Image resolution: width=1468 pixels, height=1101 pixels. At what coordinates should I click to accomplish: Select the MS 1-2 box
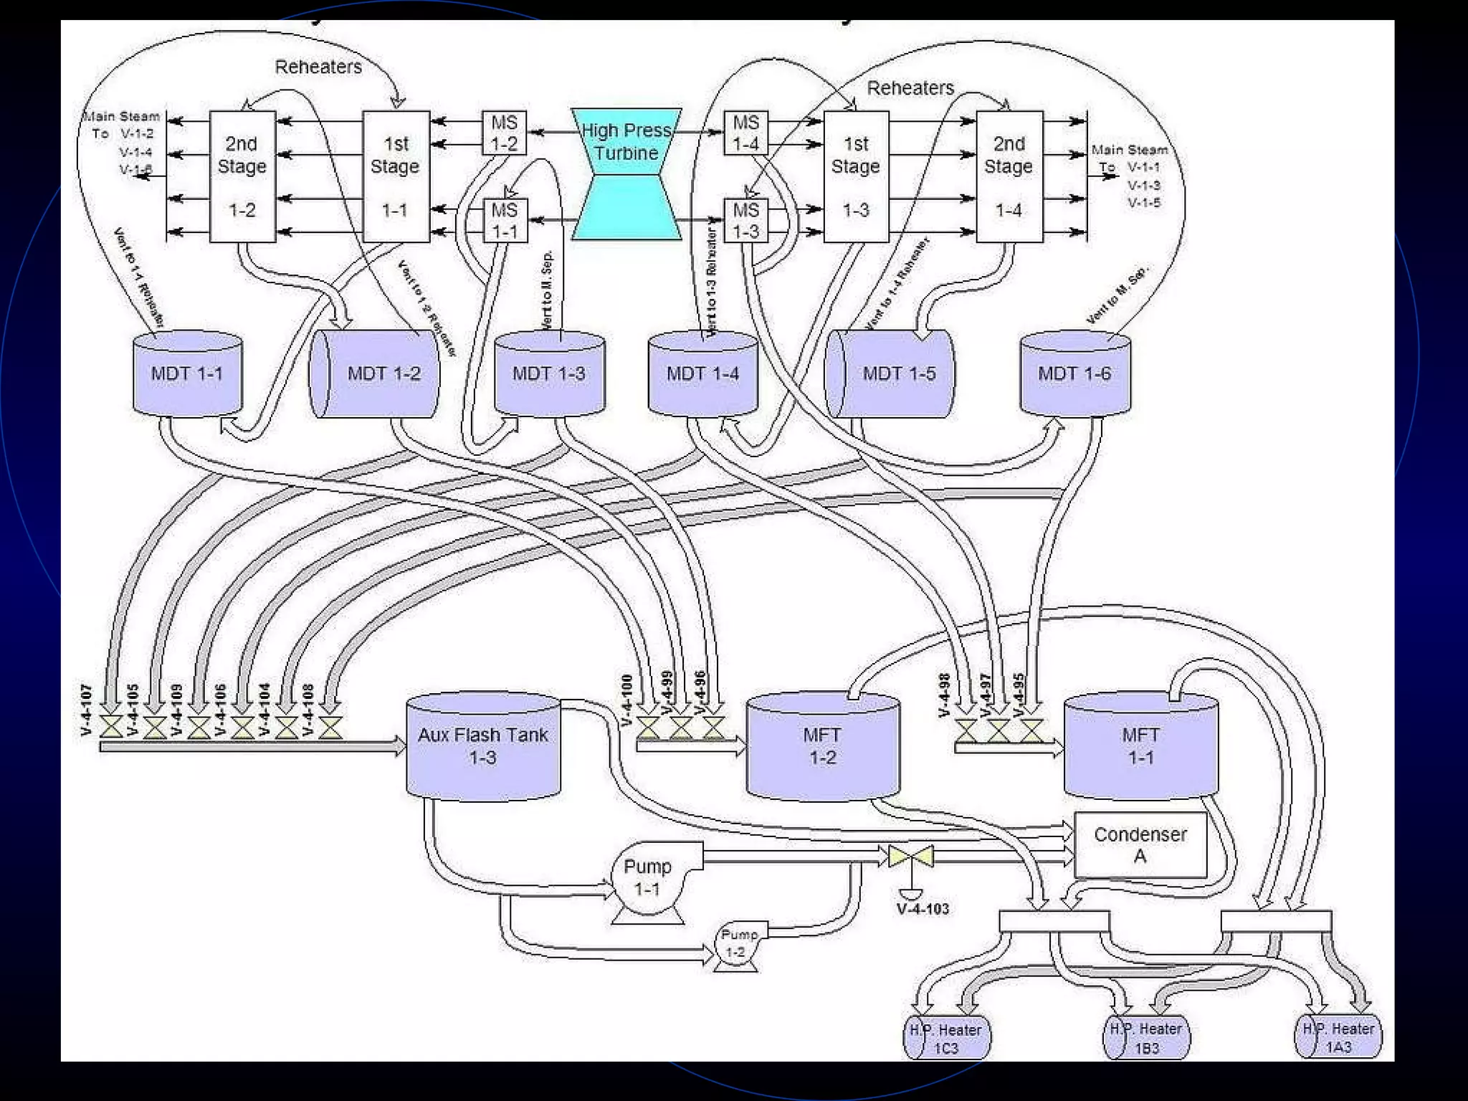(504, 133)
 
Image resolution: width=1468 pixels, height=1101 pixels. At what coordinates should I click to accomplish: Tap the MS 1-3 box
(745, 220)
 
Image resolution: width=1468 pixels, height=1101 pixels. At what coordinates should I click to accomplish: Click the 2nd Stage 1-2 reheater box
(242, 176)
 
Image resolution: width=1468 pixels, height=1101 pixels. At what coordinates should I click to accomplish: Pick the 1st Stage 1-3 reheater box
(856, 176)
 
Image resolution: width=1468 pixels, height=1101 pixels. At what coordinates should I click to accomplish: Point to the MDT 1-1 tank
(187, 373)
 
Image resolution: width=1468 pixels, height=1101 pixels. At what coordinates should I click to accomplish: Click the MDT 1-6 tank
(1074, 373)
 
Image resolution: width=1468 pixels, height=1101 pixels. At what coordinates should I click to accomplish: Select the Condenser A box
(1140, 844)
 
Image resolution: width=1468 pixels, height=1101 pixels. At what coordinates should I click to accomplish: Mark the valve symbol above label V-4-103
(910, 856)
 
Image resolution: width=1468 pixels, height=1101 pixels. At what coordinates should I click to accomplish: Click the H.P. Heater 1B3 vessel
(1146, 1038)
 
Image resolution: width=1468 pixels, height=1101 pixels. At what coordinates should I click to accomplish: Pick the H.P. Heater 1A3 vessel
(1338, 1037)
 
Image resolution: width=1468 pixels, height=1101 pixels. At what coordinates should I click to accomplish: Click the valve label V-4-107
(87, 710)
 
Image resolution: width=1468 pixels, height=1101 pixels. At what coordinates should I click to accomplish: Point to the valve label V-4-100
(627, 700)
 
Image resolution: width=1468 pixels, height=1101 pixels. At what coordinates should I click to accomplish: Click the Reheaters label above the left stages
(318, 67)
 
